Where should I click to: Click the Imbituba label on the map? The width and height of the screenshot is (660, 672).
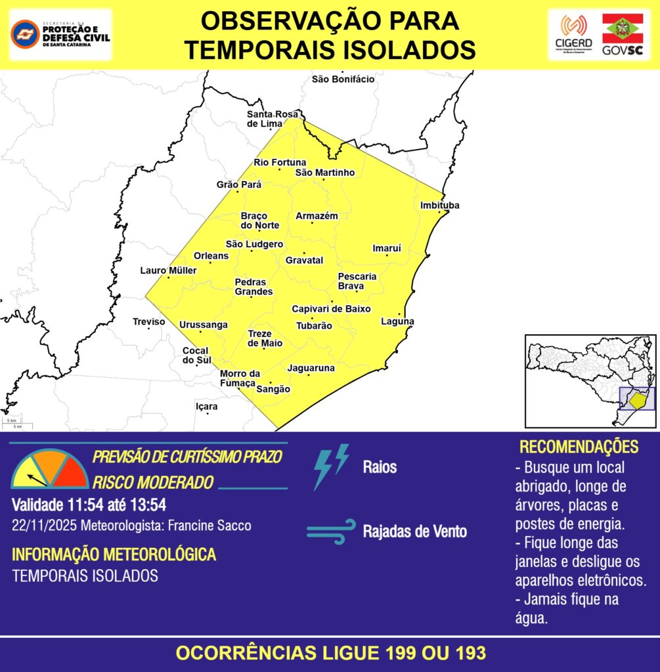tap(439, 205)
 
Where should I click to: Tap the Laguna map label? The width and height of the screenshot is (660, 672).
tap(397, 322)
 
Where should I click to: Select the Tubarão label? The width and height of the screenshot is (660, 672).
tap(313, 325)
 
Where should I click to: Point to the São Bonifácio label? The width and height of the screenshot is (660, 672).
tap(343, 79)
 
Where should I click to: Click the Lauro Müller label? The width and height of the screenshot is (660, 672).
tap(168, 270)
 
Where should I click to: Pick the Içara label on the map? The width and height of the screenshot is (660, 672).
tap(206, 407)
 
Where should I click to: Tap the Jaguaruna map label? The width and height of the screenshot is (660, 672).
tap(311, 368)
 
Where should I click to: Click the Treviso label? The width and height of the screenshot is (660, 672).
tap(149, 322)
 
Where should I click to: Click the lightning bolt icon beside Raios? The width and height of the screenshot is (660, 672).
tap(330, 467)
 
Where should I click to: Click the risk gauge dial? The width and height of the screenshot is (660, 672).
tap(49, 469)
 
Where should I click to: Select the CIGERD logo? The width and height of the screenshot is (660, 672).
tap(573, 34)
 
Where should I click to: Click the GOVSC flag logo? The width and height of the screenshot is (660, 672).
tap(623, 34)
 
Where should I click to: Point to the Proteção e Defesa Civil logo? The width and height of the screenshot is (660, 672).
tap(60, 33)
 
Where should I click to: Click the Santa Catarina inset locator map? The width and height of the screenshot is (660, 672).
tap(590, 380)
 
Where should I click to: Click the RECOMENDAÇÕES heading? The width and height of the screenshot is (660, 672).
tap(579, 447)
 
